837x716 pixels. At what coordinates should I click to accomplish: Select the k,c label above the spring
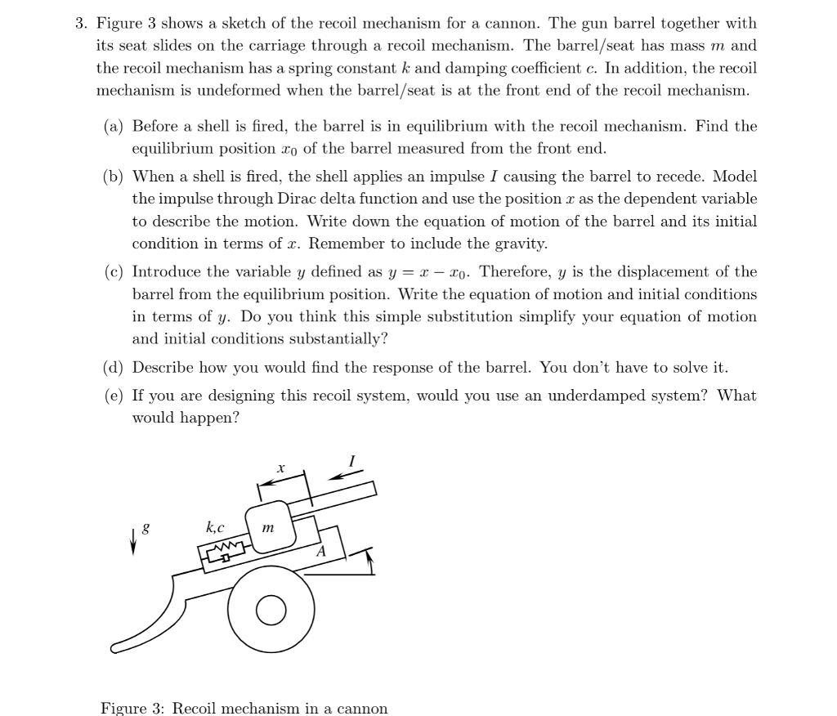(216, 527)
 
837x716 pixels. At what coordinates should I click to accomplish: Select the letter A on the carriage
(320, 552)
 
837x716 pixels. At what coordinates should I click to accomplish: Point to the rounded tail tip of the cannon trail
(114, 650)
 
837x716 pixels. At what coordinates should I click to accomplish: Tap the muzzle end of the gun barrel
(374, 489)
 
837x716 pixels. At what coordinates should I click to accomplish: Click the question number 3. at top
(81, 24)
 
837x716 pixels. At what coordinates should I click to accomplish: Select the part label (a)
(115, 127)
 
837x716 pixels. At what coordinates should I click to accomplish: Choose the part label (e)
(115, 396)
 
